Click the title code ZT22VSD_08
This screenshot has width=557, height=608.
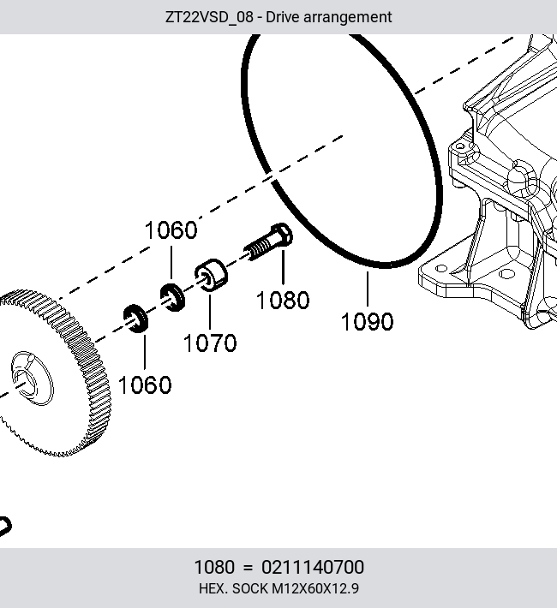click(209, 17)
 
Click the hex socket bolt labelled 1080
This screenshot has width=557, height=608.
click(268, 241)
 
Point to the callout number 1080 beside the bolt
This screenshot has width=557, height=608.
click(283, 300)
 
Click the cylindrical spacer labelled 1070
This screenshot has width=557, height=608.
click(211, 275)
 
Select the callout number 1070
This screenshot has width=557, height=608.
click(210, 343)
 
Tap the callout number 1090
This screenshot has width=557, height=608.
click(368, 322)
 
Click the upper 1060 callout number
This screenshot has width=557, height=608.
click(171, 230)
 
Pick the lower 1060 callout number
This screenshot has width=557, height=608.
click(145, 385)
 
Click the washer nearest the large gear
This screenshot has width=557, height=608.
click(135, 319)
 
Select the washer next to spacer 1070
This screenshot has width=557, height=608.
click(173, 297)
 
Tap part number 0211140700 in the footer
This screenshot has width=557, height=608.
click(313, 567)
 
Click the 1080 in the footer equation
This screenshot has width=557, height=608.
click(214, 567)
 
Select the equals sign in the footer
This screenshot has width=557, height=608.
click(248, 568)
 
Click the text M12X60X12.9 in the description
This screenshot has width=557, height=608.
click(315, 588)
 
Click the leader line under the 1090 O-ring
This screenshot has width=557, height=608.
click(368, 289)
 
